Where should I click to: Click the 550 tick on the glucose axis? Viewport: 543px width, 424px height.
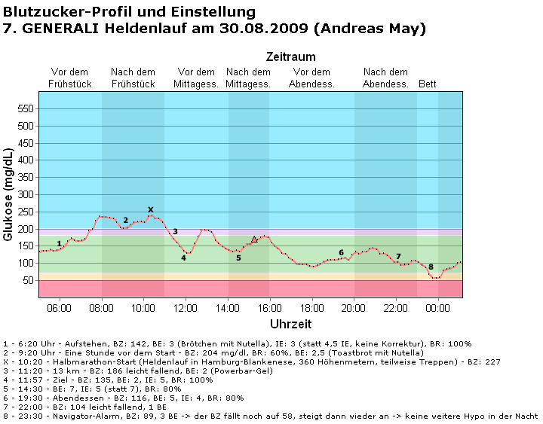click(26, 108)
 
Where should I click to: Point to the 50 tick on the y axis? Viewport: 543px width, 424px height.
click(29, 280)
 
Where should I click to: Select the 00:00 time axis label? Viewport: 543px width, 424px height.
click(438, 307)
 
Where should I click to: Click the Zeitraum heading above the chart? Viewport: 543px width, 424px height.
click(290, 57)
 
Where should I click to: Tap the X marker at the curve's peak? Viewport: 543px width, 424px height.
click(151, 210)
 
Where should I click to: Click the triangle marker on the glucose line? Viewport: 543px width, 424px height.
click(254, 239)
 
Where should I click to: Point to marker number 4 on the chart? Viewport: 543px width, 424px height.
click(183, 258)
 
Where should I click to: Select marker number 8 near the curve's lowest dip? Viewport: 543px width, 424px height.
click(431, 267)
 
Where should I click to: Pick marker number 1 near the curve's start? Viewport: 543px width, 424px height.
click(59, 243)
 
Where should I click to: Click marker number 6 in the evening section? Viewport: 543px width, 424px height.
click(341, 253)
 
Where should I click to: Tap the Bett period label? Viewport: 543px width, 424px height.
click(428, 84)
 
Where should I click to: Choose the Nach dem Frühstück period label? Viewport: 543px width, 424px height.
click(133, 78)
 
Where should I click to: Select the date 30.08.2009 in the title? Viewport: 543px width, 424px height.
click(269, 29)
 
